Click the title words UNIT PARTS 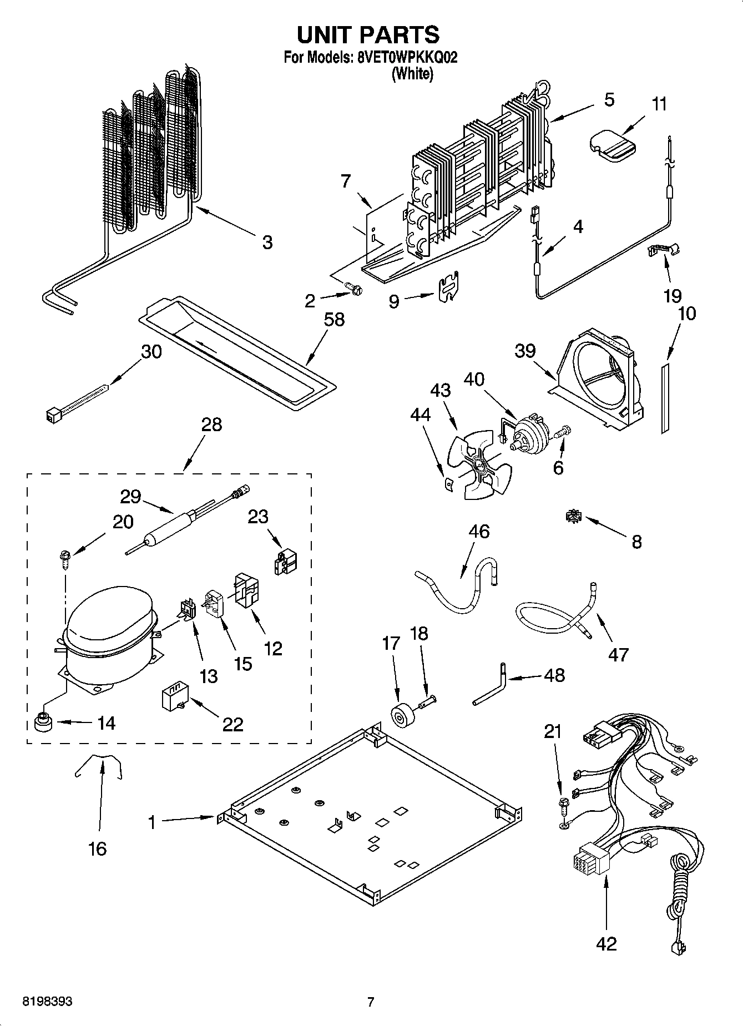click(368, 34)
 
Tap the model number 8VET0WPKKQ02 click(403, 58)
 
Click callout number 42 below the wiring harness click(606, 943)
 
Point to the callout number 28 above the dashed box click(212, 424)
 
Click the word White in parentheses click(412, 74)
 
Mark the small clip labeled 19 click(664, 251)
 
